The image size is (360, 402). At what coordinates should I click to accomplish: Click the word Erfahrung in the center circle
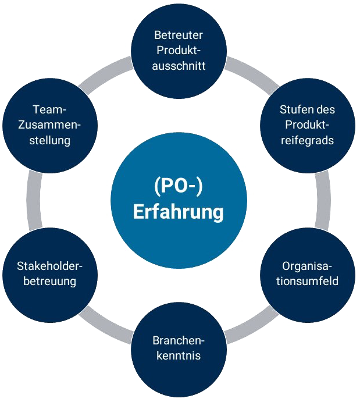pos(178,212)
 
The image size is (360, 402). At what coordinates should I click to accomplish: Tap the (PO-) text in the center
pos(178,187)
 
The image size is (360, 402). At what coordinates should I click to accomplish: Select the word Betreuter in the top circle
pos(179,35)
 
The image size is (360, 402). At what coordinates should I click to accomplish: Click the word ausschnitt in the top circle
pos(179,65)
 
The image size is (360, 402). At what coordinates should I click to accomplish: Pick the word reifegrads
pos(307,140)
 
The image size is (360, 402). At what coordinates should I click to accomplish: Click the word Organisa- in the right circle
pos(307,266)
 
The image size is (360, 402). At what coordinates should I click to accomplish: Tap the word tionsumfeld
pos(307,282)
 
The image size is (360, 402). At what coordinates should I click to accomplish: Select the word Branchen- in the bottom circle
pos(179,340)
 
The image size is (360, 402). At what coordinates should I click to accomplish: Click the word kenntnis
pos(179,355)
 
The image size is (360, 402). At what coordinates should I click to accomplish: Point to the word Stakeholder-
pos(49,266)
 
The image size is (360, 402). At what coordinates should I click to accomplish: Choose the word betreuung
pos(49,282)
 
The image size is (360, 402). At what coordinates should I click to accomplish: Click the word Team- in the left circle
pos(50,110)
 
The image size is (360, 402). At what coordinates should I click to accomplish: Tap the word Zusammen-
pos(50,125)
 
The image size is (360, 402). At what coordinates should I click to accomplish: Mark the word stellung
pos(50,140)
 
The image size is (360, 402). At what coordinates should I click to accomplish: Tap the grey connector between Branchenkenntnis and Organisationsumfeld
pos(250,326)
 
